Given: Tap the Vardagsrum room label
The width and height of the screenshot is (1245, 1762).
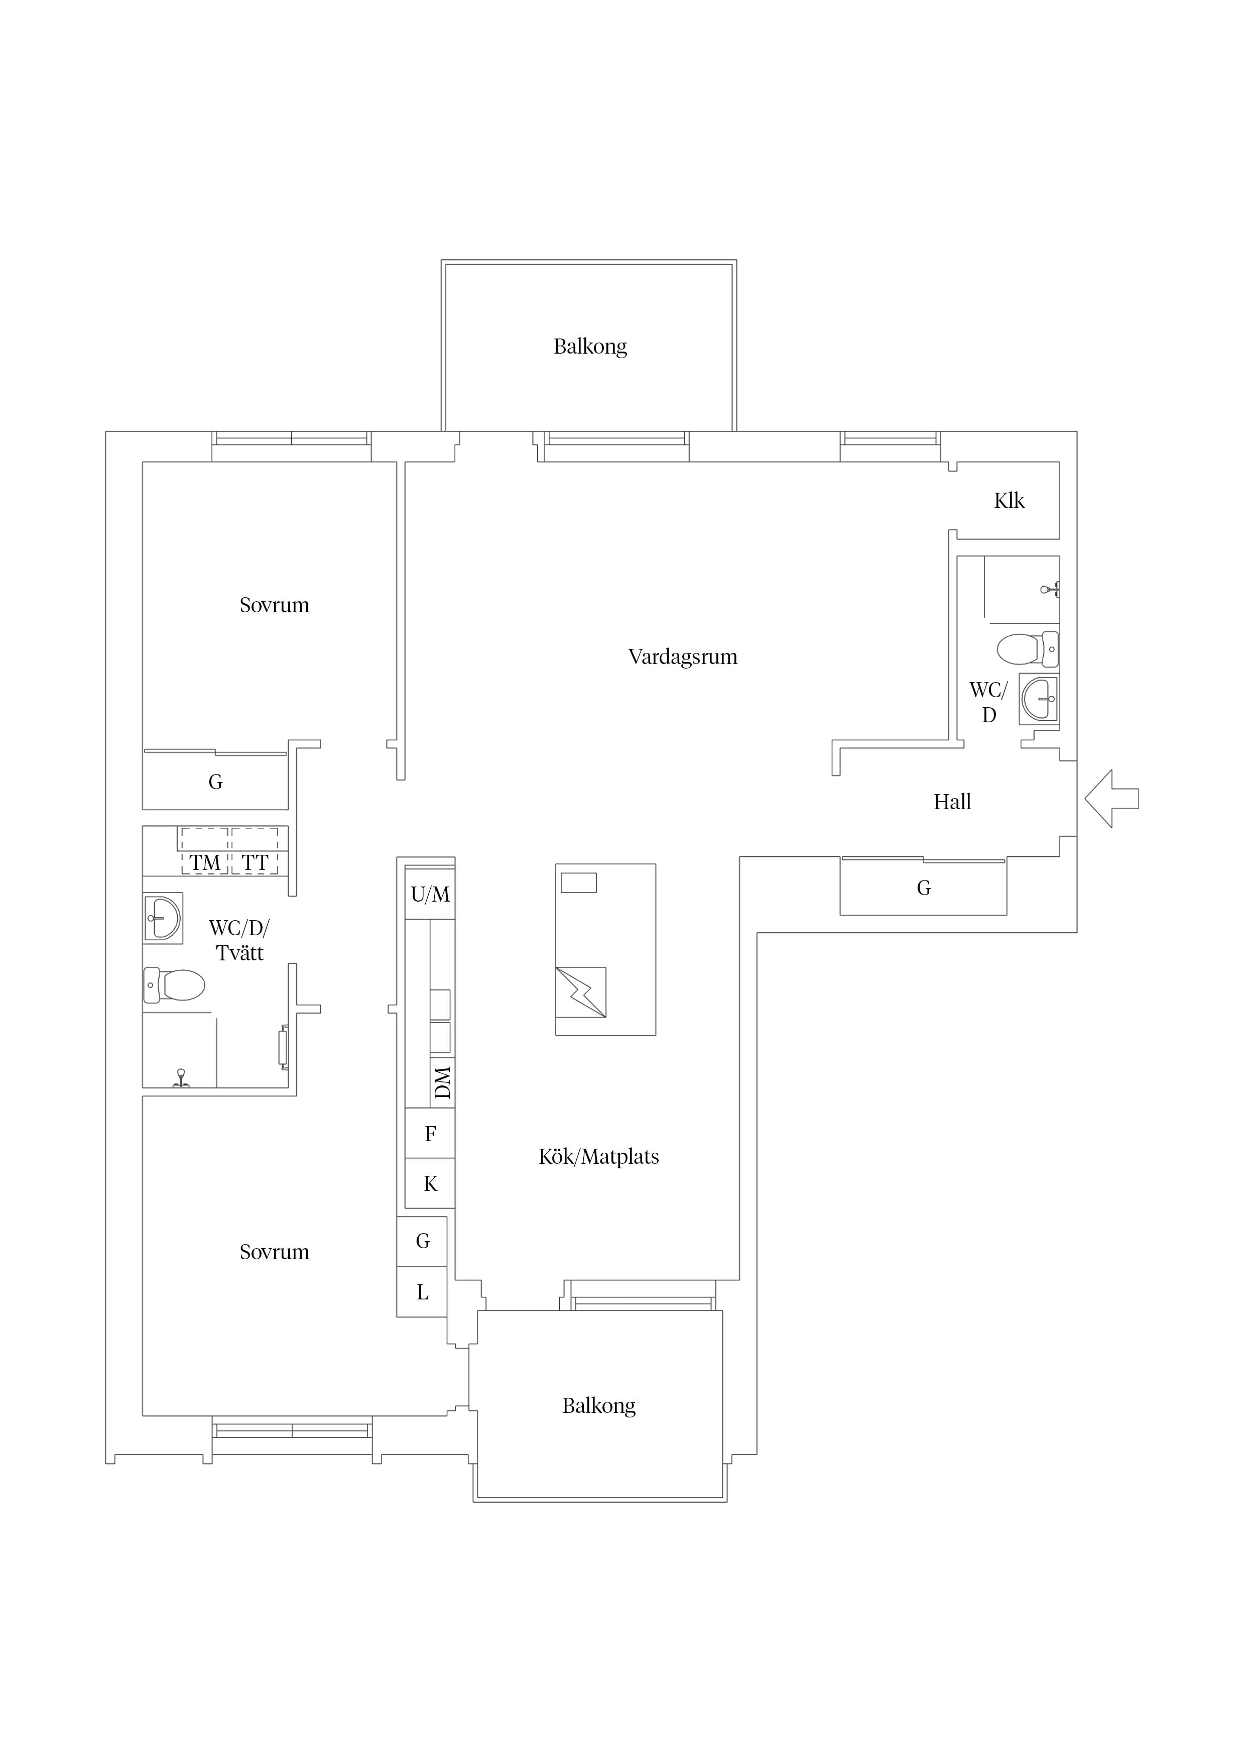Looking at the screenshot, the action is coord(683,657).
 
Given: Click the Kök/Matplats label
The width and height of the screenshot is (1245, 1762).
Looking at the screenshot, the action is coord(598,1157).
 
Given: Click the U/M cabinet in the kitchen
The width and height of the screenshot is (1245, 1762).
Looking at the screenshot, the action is coord(430,894).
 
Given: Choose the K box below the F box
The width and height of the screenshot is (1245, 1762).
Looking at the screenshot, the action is coord(430,1183).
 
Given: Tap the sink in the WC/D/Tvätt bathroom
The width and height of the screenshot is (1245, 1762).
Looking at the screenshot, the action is coord(163,918).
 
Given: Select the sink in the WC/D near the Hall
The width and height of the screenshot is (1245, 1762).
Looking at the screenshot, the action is coord(1039,699).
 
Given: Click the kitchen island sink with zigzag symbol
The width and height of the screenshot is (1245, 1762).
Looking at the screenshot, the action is coord(581,993).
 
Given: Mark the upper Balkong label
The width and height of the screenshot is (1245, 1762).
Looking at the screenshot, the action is coord(590,347).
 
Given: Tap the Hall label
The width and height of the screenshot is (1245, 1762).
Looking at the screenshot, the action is coord(952,802).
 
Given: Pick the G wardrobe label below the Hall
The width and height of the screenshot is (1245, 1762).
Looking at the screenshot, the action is coord(924,888).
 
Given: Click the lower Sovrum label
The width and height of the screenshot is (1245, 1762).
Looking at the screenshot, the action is coord(274,1252).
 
